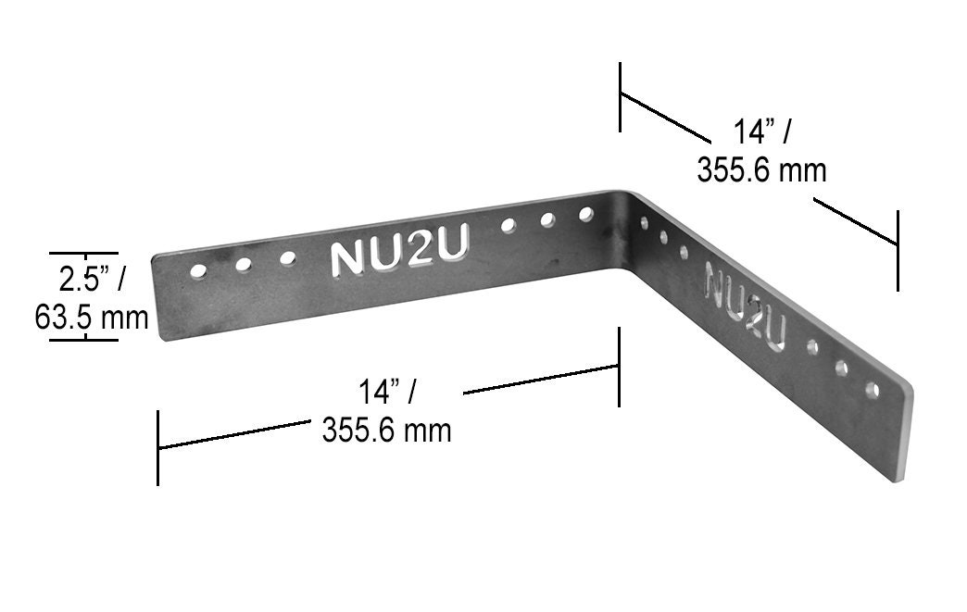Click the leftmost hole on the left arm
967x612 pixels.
tap(198, 271)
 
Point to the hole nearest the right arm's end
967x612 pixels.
tap(872, 389)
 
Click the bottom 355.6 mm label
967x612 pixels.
tap(386, 430)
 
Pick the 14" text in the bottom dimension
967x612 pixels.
tap(387, 392)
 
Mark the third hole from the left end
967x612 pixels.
tap(288, 257)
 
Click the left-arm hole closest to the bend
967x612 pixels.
tap(585, 215)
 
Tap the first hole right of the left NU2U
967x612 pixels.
tap(508, 225)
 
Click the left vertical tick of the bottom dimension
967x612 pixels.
tap(158, 447)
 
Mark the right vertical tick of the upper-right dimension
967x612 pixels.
tap(898, 250)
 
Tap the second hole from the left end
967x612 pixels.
tap(244, 265)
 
